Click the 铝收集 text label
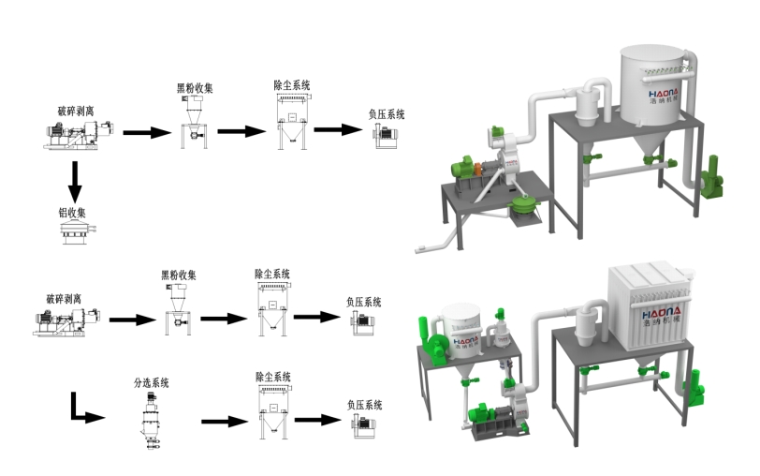click(71, 212)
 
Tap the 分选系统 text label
click(153, 382)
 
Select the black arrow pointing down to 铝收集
click(73, 178)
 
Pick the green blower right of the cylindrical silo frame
click(712, 175)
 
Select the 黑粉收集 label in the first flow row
click(195, 89)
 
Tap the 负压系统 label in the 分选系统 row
click(365, 405)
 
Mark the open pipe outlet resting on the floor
click(420, 249)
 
